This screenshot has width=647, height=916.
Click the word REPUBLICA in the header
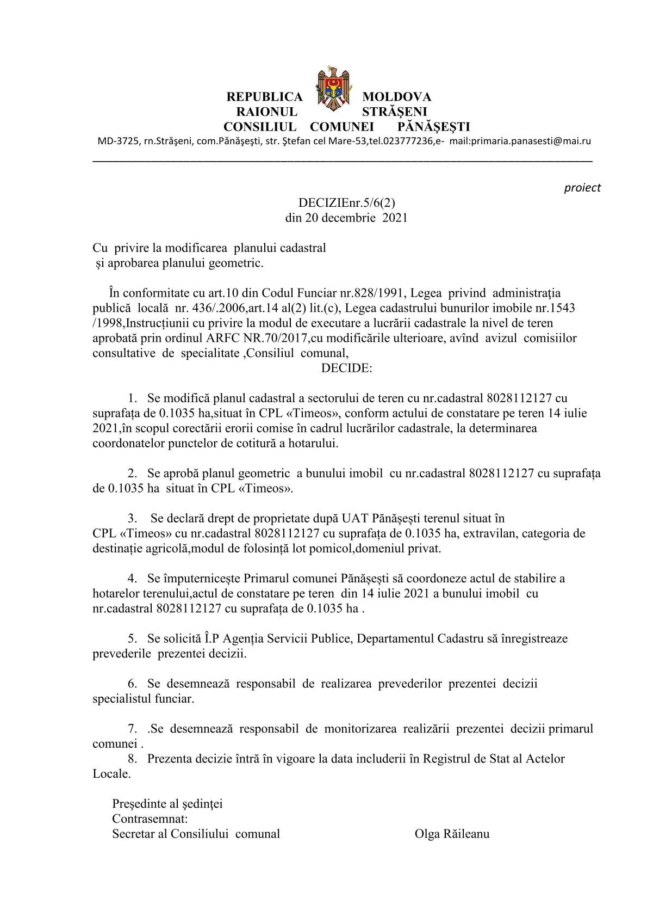coord(264,97)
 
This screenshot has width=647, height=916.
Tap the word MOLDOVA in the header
coord(396,97)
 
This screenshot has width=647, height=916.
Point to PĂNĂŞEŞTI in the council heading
coord(434,127)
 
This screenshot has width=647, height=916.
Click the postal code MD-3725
coord(117,142)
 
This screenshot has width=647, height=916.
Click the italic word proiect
coord(582,188)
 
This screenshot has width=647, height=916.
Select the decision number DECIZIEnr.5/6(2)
coord(346,203)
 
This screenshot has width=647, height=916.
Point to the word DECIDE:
coord(346,368)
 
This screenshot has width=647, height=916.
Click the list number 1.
coord(132,398)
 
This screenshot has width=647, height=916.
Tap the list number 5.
coord(132,638)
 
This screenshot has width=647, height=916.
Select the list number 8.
coord(132,758)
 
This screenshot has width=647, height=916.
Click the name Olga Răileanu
coord(452,833)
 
